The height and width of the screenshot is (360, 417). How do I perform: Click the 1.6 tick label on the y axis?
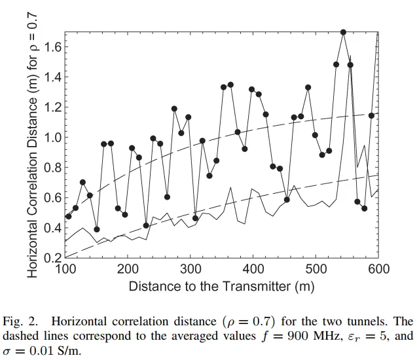(x=53, y=47)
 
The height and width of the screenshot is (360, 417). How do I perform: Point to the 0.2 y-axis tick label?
(x=53, y=258)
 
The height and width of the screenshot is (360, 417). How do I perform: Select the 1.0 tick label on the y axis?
(x=53, y=137)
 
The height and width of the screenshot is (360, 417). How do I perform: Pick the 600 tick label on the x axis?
(x=379, y=269)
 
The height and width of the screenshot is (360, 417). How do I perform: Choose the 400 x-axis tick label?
(x=253, y=269)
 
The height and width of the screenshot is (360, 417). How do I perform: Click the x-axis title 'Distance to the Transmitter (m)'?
(x=221, y=286)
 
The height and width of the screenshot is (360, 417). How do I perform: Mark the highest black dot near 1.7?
(x=343, y=32)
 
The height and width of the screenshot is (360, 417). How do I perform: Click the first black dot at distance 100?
(x=68, y=216)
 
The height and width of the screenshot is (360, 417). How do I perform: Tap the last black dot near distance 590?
(x=371, y=116)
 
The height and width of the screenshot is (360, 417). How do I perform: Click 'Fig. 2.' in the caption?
(x=22, y=322)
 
